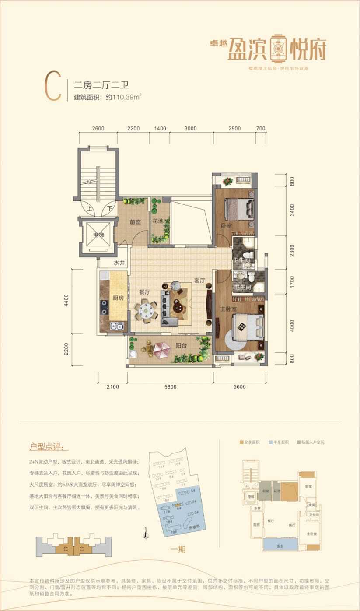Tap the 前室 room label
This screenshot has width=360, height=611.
click(x=135, y=222)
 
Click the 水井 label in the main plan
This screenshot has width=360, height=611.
click(x=119, y=263)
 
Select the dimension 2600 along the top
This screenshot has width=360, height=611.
click(x=98, y=128)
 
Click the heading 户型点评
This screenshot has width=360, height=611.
click(x=49, y=447)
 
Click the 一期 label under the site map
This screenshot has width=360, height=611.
click(x=176, y=549)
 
